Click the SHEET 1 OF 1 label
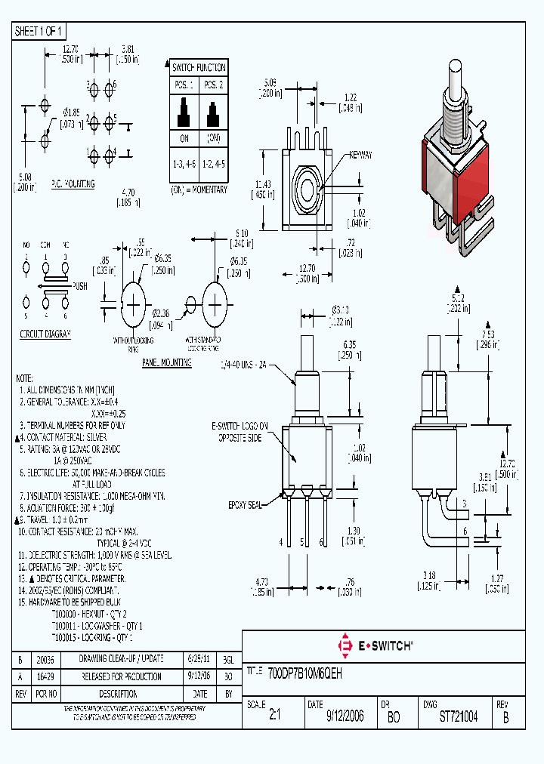[x=40, y=31]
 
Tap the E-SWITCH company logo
[x=376, y=645]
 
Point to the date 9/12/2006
[x=345, y=716]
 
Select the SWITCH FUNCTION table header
[x=198, y=67]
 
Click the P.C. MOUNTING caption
[x=73, y=183]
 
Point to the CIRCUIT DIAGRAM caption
[x=45, y=333]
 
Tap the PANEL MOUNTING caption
[x=167, y=362]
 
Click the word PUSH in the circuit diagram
[x=80, y=286]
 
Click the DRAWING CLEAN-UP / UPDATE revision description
[x=122, y=658]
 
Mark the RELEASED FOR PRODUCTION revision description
[x=122, y=676]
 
